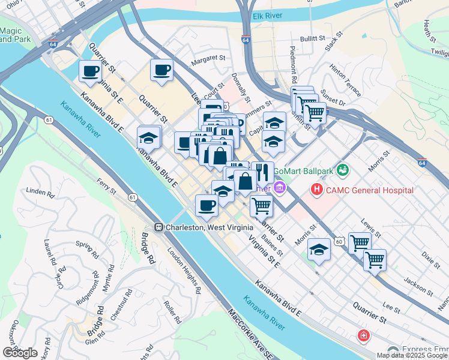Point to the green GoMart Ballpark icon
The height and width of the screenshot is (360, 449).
pos(343,170)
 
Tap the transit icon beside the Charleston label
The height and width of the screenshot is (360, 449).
pos(159,227)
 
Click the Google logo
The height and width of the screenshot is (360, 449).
pos(20,353)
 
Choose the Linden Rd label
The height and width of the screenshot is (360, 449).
pos(40,191)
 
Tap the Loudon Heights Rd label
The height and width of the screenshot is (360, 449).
pos(184,271)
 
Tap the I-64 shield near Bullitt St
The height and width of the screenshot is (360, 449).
pos(246,40)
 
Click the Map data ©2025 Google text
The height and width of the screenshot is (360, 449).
pos(411,355)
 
